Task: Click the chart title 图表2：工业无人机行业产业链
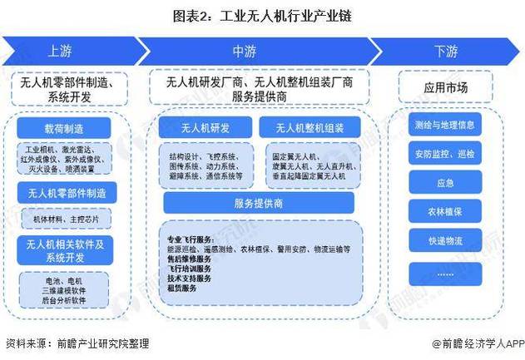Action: click(x=262, y=16)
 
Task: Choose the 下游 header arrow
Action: click(x=445, y=51)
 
